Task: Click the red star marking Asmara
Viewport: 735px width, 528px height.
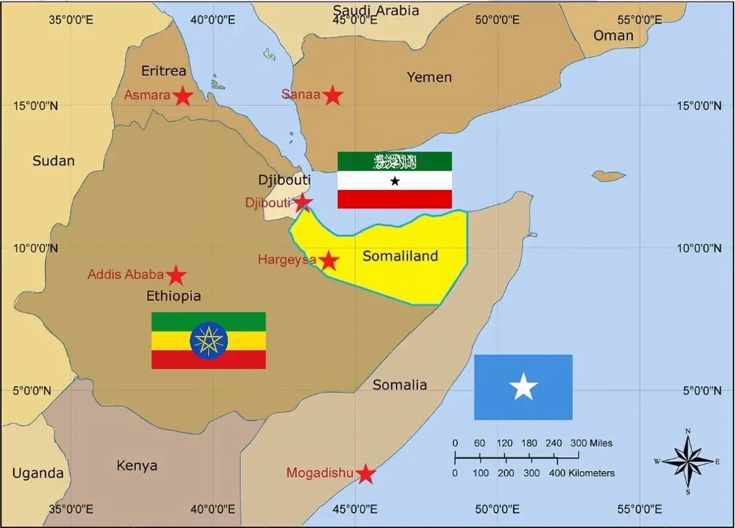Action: click(183, 96)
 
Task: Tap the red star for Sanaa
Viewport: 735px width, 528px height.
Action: click(333, 95)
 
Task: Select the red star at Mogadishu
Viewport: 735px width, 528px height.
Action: click(365, 475)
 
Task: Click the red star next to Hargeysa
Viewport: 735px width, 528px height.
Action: click(329, 261)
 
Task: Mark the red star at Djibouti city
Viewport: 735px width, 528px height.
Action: click(303, 202)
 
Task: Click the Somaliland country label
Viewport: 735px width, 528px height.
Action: click(400, 256)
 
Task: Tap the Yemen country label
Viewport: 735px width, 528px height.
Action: click(429, 77)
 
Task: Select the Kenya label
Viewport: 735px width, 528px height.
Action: click(137, 466)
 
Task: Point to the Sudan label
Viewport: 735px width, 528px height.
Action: click(53, 161)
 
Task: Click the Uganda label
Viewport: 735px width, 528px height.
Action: click(38, 473)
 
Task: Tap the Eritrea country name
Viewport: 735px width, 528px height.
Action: click(164, 71)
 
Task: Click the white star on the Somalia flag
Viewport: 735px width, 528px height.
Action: click(523, 387)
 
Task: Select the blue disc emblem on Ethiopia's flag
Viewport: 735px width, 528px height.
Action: click(209, 341)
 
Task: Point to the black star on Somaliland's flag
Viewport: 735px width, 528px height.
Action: click(394, 181)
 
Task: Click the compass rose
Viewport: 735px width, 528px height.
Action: click(688, 460)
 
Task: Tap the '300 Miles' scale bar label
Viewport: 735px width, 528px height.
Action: click(591, 443)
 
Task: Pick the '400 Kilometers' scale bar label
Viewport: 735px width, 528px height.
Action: click(583, 473)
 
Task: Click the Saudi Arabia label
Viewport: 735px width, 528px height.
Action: click(376, 10)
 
